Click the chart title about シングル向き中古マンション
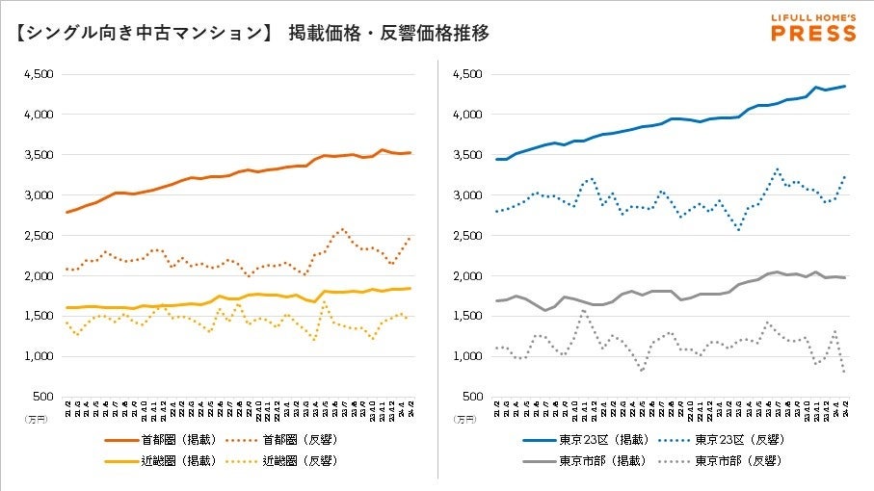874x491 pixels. tap(252, 34)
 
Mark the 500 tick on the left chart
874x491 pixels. tap(44, 397)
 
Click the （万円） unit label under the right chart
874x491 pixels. tap(463, 420)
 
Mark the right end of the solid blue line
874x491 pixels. tap(846, 87)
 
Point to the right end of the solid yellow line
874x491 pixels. tap(411, 288)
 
